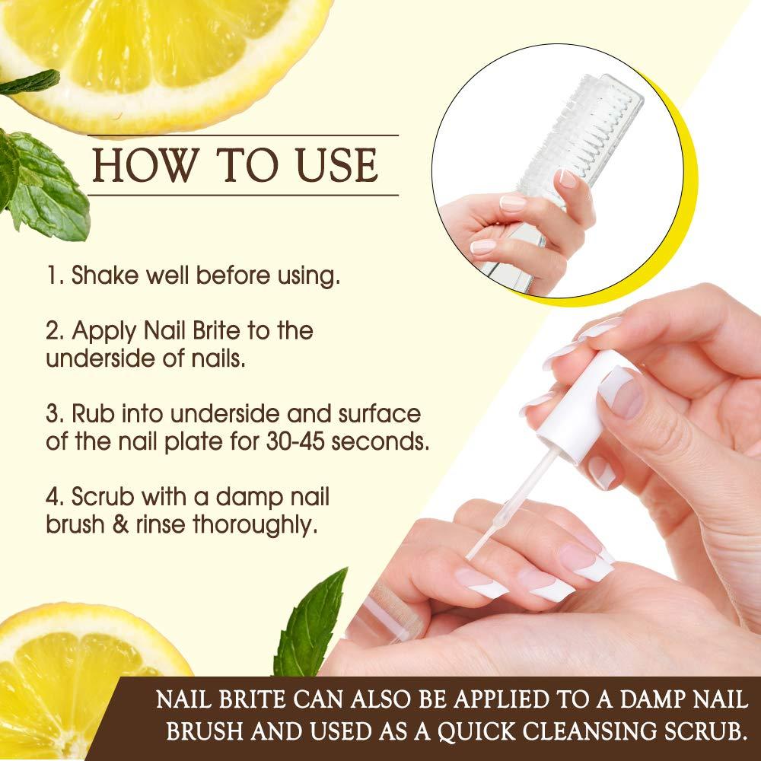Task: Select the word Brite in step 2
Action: (x=230, y=331)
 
